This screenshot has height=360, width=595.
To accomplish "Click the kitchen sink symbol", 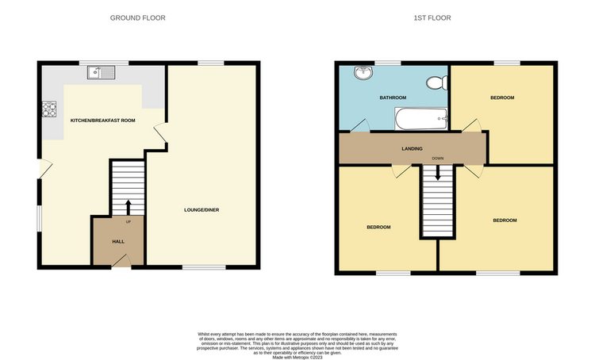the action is pos(101,72).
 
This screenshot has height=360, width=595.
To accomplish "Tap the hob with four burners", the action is pos(49,109).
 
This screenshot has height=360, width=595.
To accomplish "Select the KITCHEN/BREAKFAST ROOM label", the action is pos(103,121).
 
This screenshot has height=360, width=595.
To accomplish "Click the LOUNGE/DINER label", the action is pos(202,210).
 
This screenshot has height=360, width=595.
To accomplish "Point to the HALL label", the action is pos(118,242).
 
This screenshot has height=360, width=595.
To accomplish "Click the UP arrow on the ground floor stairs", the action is pos(129,208).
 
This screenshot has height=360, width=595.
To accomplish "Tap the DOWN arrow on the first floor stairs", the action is pos(437,173).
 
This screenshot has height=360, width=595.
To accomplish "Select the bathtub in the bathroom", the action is pos(421,119).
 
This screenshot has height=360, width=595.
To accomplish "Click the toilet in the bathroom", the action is pos(437,82).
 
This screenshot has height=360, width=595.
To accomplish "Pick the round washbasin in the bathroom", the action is pos(364,73).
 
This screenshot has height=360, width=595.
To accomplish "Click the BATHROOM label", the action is pos(393,98).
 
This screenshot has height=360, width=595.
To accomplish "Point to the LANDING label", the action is pos(412,149).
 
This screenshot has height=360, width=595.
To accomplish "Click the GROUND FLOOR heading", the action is pos(138,17).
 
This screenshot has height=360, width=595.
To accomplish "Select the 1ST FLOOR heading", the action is pos(432,17).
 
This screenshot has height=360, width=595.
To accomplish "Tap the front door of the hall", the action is pos(121,261).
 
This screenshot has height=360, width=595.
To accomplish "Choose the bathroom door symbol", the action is pos(359,125).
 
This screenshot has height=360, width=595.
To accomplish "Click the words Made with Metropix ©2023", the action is pos(297,358).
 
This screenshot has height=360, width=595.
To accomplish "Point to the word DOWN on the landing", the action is pos(437,159).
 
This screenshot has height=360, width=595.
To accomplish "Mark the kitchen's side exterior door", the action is pos(45,168).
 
